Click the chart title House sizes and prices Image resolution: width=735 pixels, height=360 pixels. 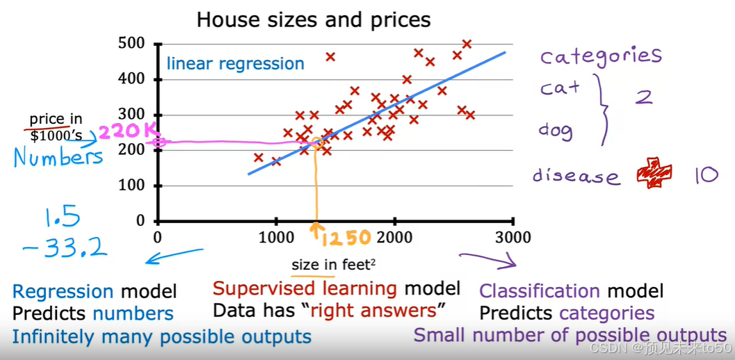[314, 19]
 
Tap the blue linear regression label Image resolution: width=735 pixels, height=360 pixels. [235, 65]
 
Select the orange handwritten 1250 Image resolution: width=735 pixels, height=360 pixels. [346, 238]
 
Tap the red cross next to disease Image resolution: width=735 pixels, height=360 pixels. [654, 173]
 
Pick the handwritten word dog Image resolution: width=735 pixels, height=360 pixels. [556, 130]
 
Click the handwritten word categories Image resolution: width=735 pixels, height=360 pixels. [601, 56]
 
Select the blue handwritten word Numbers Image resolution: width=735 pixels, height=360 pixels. [58, 157]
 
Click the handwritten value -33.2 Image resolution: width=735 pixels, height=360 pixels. [66, 246]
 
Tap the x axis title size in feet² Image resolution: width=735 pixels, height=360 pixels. [326, 264]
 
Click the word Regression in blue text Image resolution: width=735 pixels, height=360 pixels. [63, 292]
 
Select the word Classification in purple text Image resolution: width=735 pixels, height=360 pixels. [540, 291]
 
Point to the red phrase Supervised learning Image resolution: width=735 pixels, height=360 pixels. [305, 288]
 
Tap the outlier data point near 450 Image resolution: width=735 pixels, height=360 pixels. [330, 57]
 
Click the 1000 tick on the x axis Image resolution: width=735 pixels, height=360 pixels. [276, 238]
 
